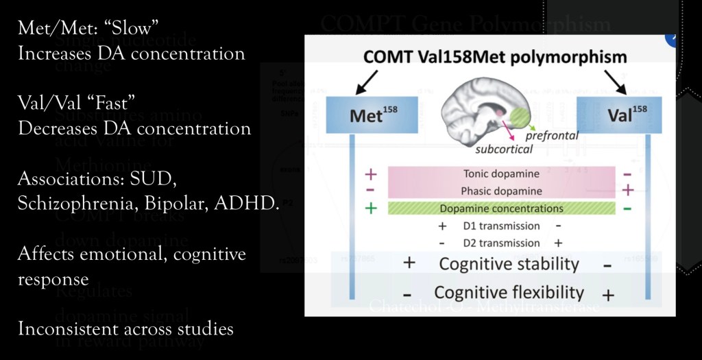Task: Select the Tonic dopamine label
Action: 501,174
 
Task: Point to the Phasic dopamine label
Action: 501,191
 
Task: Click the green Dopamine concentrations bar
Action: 502,208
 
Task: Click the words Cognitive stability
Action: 509,264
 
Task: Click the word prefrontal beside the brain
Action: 552,136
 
